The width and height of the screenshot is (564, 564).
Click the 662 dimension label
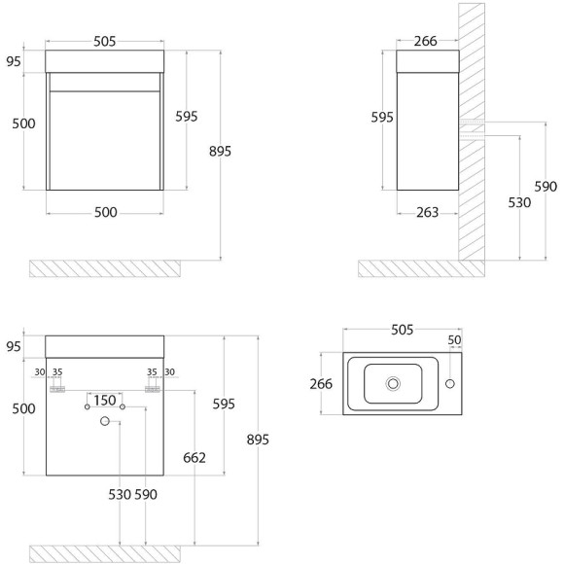click(194, 458)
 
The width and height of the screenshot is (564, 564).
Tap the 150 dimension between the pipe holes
click(105, 401)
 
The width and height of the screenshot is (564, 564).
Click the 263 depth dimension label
click(427, 213)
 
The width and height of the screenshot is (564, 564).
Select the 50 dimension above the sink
click(454, 340)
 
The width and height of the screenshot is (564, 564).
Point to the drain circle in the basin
click(393, 384)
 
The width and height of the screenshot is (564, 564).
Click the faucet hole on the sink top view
click(449, 384)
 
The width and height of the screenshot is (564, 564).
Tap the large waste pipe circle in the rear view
click(105, 421)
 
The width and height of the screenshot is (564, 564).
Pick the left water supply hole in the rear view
click(88, 406)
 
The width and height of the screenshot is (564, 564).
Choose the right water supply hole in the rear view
click(123, 406)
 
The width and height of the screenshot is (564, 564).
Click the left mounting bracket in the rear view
click(57, 389)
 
